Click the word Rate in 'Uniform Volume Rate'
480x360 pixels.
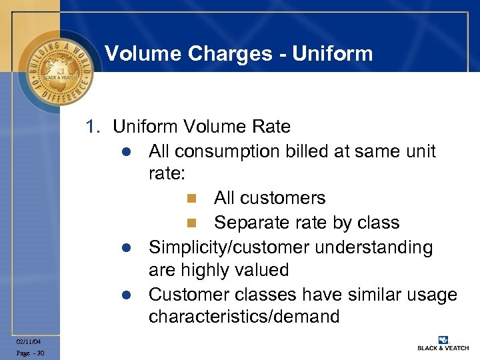click(270, 126)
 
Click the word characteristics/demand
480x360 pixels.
click(244, 317)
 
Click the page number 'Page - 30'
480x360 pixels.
click(31, 353)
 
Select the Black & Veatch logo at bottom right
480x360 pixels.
click(443, 344)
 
